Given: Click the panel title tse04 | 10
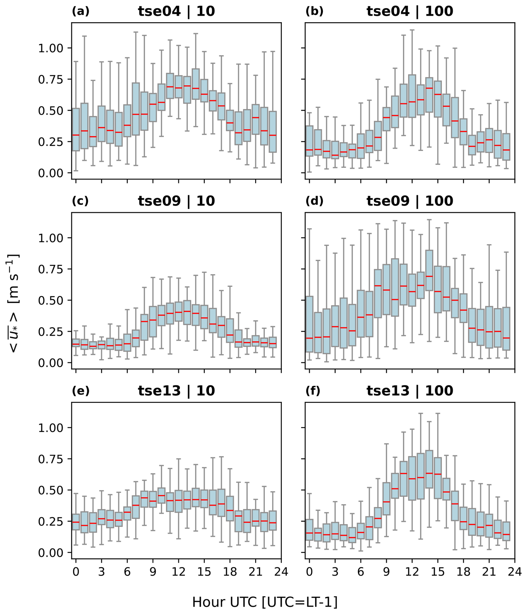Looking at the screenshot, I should (176, 11).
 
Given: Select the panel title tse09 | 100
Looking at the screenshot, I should (410, 201).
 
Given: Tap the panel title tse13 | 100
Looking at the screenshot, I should (410, 391).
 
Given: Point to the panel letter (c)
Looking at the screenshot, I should (80, 201).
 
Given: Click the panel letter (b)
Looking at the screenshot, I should (314, 11).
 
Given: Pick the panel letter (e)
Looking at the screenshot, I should (80, 391).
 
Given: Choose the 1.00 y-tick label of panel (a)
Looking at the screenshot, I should (51, 48).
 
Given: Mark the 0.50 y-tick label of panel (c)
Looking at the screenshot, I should (51, 301).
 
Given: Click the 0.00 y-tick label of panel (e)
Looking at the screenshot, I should (51, 553).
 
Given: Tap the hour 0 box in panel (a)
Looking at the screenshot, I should (76, 130).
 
